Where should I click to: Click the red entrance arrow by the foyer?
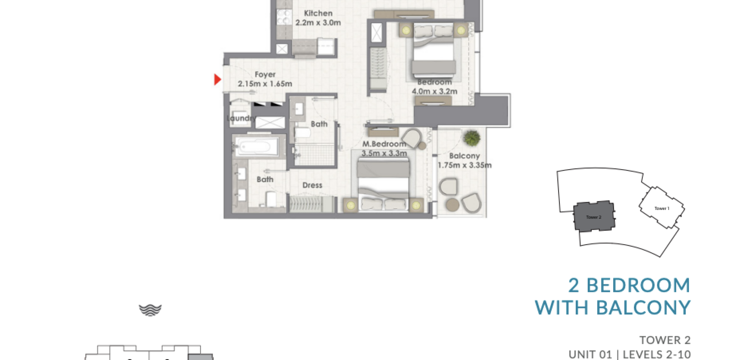pos(217,80)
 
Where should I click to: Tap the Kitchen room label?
pos(318,13)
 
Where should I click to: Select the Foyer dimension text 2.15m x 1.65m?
pos(265,84)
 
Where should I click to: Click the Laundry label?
pos(241,118)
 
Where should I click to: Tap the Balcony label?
pos(464,156)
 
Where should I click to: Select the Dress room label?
pos(312,185)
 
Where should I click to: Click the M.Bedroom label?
pos(384,144)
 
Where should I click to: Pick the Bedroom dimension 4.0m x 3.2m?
pos(434,91)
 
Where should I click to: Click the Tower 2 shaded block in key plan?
pos(594,216)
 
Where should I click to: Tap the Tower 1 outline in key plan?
pos(662,207)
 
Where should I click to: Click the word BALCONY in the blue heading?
pos(643,307)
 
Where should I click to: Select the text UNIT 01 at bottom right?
pos(590,354)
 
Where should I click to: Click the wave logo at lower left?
pos(150,310)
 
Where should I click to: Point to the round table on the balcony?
pos(453,204)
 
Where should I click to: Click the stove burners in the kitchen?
pos(284,17)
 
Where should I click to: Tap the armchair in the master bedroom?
pos(412,138)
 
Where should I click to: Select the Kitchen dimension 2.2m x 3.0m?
pos(318,23)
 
